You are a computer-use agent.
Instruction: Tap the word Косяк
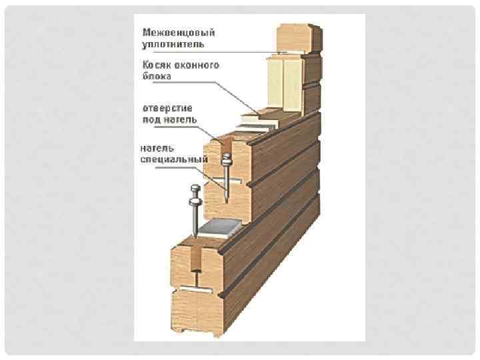(x=154, y=65)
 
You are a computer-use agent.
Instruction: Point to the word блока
(x=156, y=77)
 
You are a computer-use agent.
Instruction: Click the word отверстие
(x=166, y=107)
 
